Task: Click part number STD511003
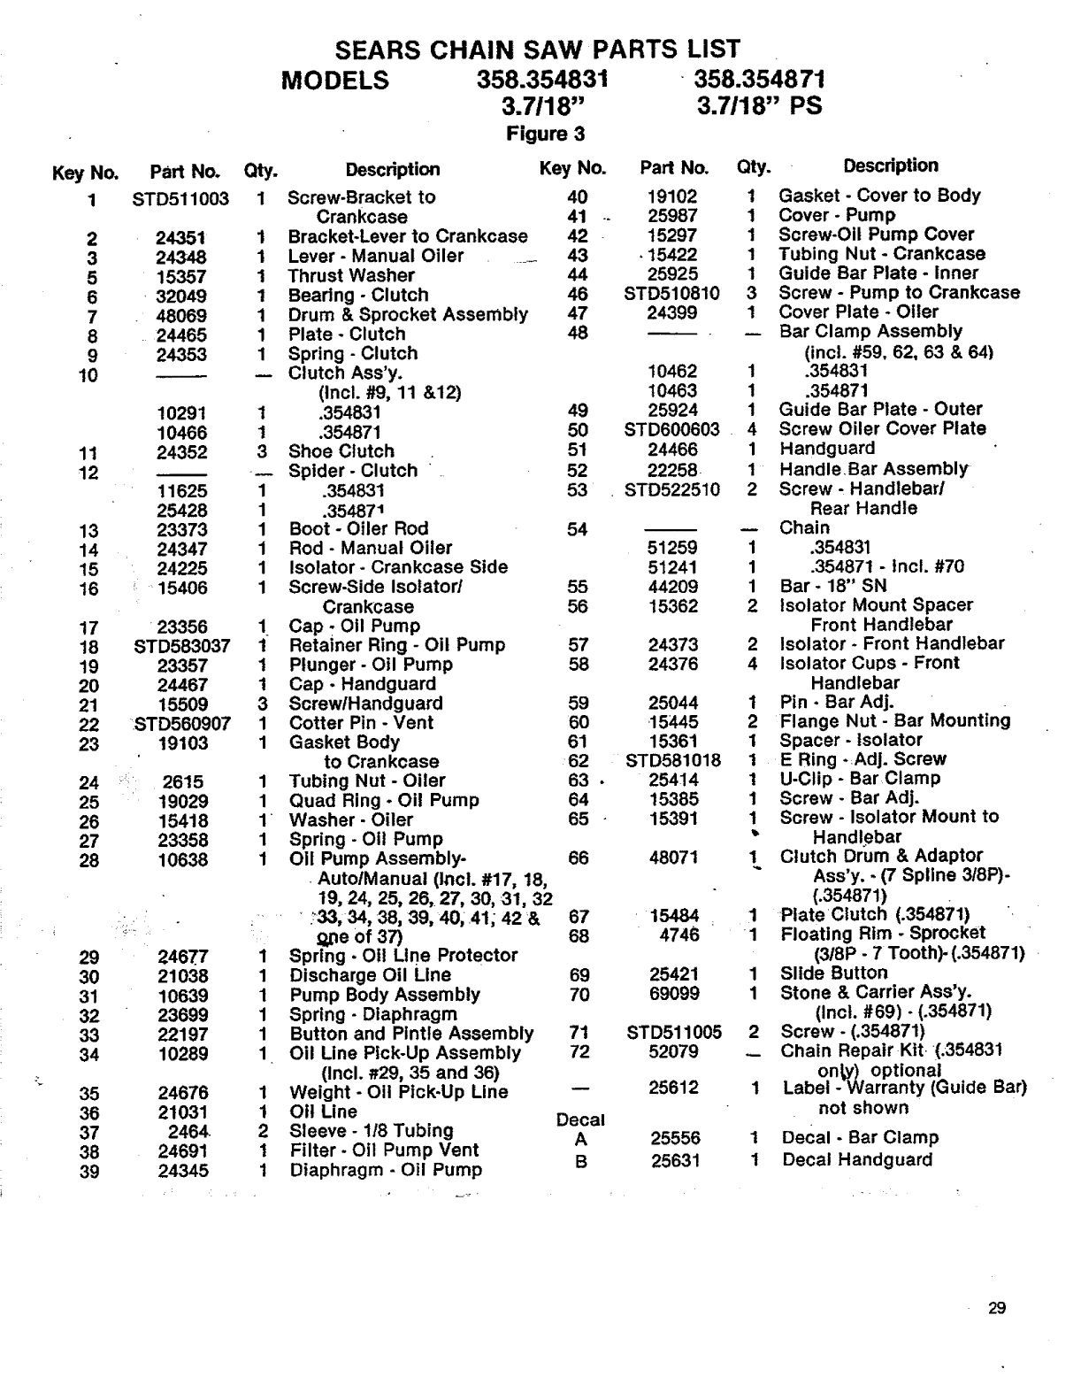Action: coord(180,199)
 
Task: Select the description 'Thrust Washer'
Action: coord(351,275)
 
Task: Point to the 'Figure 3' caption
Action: coord(545,135)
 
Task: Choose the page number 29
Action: coord(997,1309)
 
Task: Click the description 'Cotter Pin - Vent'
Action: coord(361,722)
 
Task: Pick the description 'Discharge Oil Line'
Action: coord(370,975)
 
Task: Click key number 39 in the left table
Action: coord(89,1172)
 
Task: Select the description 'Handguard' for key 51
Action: coord(827,449)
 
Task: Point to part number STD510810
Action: coord(672,293)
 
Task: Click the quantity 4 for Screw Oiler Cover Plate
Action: coord(752,429)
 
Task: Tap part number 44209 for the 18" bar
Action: coord(673,587)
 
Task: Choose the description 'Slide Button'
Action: coord(833,973)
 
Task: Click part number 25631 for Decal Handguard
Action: coord(675,1159)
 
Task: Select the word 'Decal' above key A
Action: coord(580,1119)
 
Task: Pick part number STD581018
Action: coord(673,760)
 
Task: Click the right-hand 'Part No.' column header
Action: coord(674,168)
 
